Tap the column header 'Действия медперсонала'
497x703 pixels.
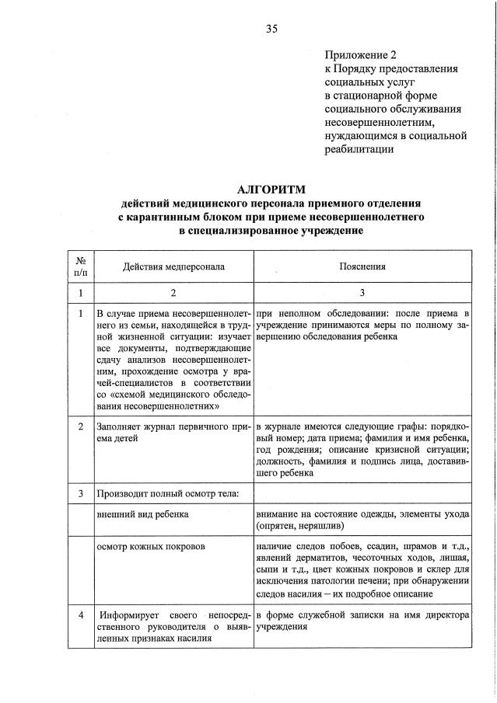[x=173, y=266]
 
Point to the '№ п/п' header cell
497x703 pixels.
[x=81, y=266]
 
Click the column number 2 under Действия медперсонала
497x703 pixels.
[x=173, y=293]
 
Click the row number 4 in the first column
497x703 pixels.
[x=81, y=614]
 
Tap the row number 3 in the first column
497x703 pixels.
[x=81, y=493]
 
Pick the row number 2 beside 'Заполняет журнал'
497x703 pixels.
[x=81, y=427]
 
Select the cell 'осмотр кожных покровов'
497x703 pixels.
[x=150, y=546]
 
